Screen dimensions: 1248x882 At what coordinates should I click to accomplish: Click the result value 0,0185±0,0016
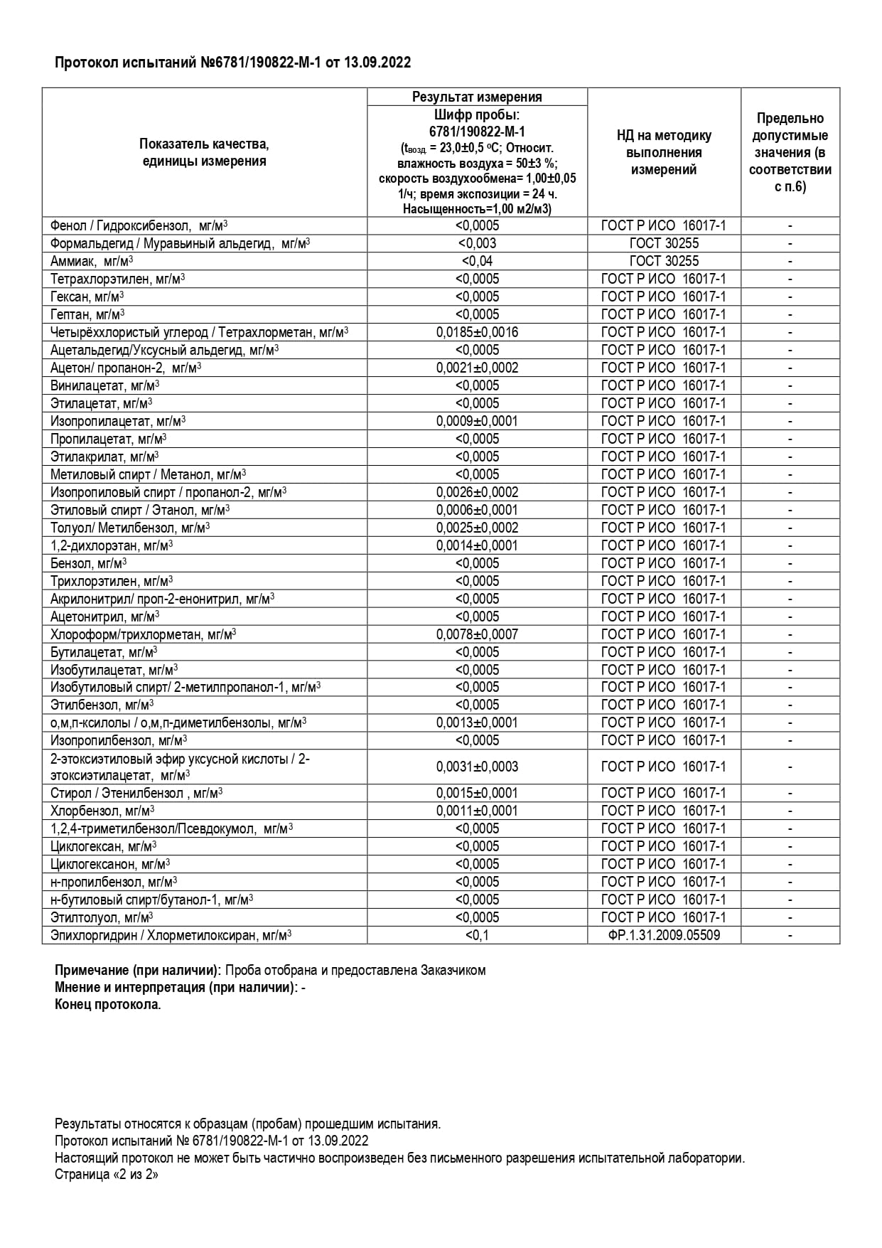click(x=477, y=332)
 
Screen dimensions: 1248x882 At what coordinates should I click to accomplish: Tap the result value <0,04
click(x=477, y=261)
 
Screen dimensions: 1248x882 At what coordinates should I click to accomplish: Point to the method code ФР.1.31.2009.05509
click(x=664, y=935)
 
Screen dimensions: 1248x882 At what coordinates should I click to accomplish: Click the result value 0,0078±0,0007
click(x=477, y=634)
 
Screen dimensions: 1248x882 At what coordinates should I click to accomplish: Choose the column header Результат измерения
click(x=477, y=97)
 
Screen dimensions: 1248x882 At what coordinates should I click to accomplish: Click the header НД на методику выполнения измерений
click(x=664, y=152)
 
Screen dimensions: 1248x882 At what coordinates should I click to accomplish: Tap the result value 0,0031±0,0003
click(x=477, y=767)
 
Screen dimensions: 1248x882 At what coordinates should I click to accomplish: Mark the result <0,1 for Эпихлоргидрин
click(x=477, y=935)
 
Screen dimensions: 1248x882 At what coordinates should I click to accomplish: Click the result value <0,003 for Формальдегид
click(x=477, y=243)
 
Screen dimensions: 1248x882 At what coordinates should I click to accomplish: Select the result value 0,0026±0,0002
click(x=477, y=492)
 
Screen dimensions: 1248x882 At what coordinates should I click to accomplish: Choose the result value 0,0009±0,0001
click(x=477, y=421)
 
